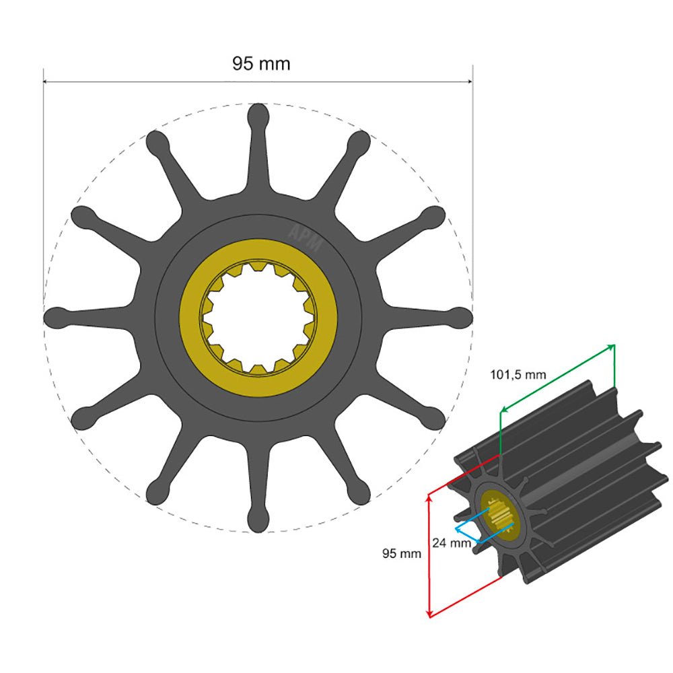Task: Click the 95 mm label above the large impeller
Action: coord(261,64)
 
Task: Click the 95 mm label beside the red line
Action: coord(402,554)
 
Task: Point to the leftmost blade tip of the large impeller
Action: coord(55,318)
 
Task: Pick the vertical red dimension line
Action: coord(429,555)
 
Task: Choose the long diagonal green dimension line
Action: coord(557,377)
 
